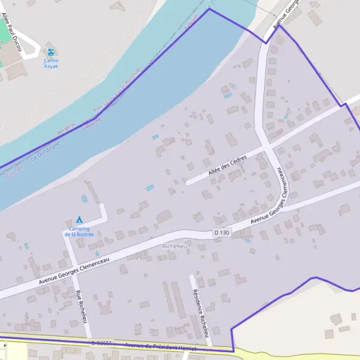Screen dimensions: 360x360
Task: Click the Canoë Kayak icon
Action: pyautogui.click(x=50, y=52)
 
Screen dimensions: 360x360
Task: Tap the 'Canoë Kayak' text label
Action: pyautogui.click(x=51, y=63)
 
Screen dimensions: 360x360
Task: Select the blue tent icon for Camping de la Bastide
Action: pyautogui.click(x=79, y=219)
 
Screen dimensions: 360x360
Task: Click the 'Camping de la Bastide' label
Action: pyautogui.click(x=79, y=232)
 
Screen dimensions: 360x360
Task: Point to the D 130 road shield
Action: pyautogui.click(x=221, y=233)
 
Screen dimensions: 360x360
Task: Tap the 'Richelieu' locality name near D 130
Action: pyautogui.click(x=175, y=246)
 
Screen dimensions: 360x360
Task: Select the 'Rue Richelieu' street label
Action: pyautogui.click(x=80, y=306)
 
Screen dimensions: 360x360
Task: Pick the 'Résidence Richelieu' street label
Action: pyautogui.click(x=200, y=313)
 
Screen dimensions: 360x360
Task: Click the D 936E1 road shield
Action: pyautogui.click(x=102, y=343)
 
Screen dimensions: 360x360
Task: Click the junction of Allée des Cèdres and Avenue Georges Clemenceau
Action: pyautogui.click(x=267, y=146)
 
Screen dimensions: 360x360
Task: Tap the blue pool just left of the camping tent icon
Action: pyautogui.click(x=84, y=198)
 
